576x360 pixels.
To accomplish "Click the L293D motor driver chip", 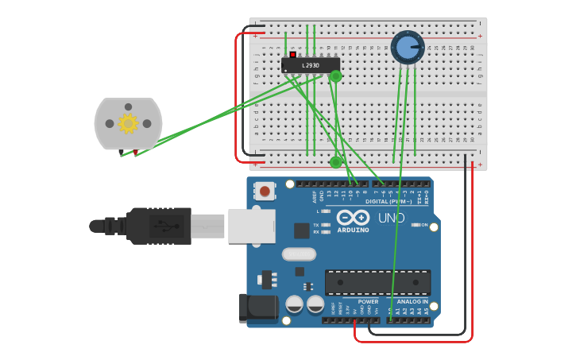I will tap(311, 65).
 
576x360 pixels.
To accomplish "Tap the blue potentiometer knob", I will tap(408, 48).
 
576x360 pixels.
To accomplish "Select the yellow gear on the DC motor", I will tap(128, 123).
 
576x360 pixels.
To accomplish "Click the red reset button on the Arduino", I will tap(265, 191).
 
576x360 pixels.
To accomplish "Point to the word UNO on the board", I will tap(391, 218).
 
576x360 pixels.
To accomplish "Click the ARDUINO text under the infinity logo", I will tap(353, 230).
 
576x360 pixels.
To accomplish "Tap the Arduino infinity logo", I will tap(353, 217).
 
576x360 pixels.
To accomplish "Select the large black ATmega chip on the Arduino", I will tap(378, 282).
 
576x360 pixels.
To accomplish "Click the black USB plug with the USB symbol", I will tap(159, 226).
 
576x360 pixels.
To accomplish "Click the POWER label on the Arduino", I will tap(368, 301).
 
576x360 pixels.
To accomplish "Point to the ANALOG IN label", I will tap(412, 301).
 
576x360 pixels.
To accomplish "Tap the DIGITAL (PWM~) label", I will tap(389, 201).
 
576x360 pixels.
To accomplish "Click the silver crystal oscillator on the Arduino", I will tap(299, 254).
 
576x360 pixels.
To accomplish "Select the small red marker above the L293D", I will tap(292, 54).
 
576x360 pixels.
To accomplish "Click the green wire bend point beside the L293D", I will tap(335, 76).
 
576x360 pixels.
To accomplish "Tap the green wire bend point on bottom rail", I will tap(336, 162).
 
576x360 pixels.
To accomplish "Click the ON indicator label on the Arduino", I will tap(423, 225).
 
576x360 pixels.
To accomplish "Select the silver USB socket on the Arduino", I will tap(251, 226).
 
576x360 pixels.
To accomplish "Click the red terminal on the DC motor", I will tap(135, 152).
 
